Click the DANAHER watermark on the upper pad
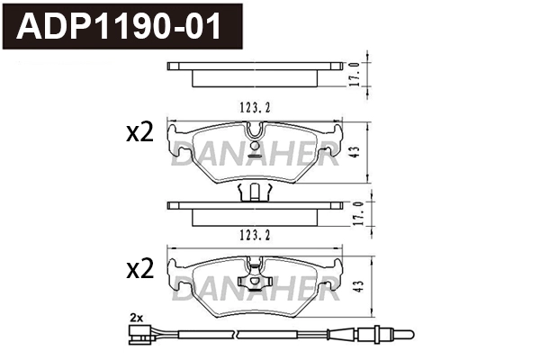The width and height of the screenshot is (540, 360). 256,158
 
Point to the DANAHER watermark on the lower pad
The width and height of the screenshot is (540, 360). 256,292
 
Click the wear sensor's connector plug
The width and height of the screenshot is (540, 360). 139,337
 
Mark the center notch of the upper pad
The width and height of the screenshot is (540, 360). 256,135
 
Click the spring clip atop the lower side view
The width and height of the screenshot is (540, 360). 256,192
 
